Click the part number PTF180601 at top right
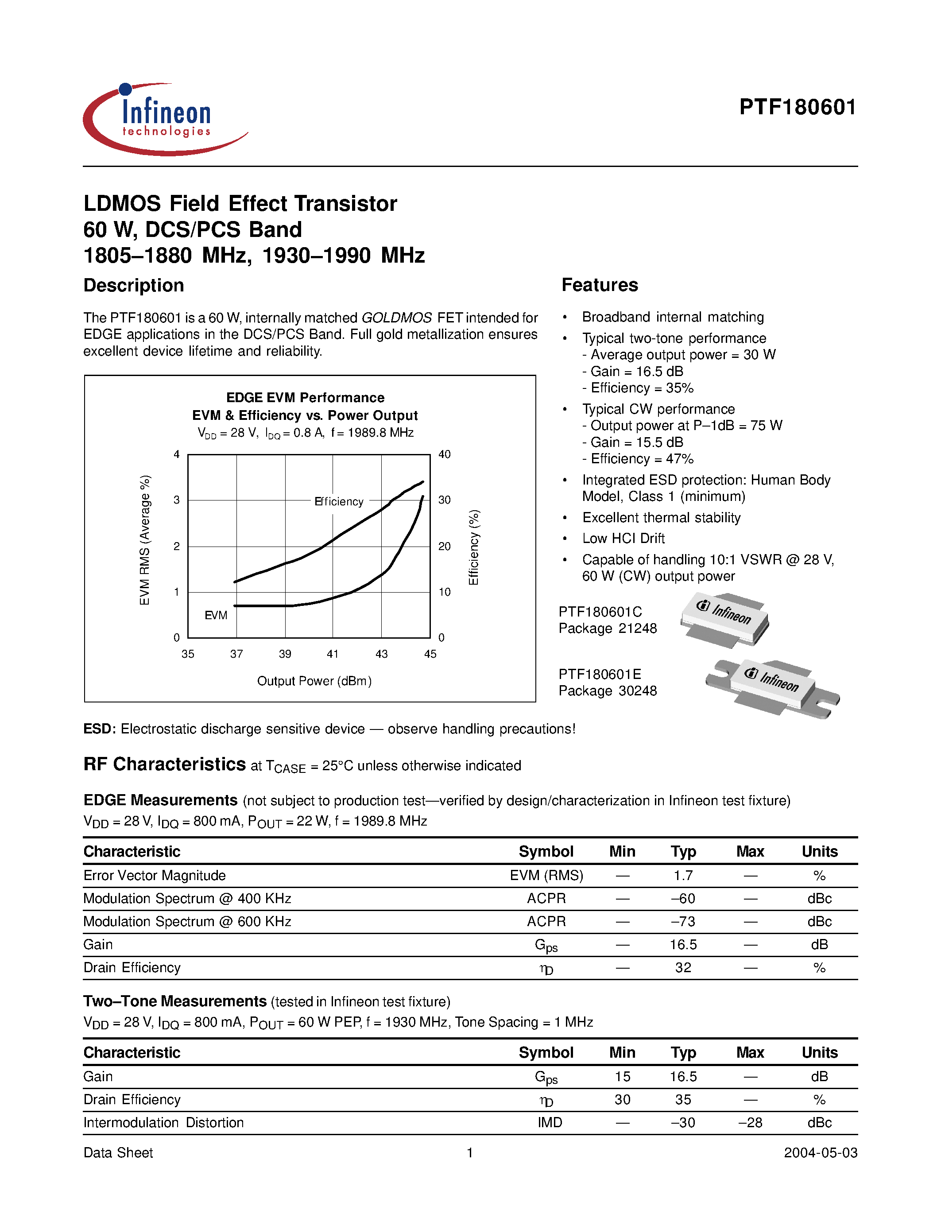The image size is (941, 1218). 797,107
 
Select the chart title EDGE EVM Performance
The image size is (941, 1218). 305,398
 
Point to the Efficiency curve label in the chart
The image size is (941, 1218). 338,501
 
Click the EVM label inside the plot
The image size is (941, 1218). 216,615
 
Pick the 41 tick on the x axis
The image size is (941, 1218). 333,654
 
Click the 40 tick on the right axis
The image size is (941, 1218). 444,454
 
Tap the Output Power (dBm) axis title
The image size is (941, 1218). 314,681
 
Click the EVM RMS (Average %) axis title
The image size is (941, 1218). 145,540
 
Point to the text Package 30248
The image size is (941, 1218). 608,691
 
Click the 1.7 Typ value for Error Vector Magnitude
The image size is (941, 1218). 683,876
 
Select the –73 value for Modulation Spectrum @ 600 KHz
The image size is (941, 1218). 683,921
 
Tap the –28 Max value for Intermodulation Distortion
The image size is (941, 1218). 750,1123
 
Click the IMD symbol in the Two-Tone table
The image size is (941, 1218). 549,1123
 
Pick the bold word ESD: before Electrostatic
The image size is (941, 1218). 99,729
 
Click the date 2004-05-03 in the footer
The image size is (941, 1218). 820,1153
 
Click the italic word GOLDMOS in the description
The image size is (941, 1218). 396,318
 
